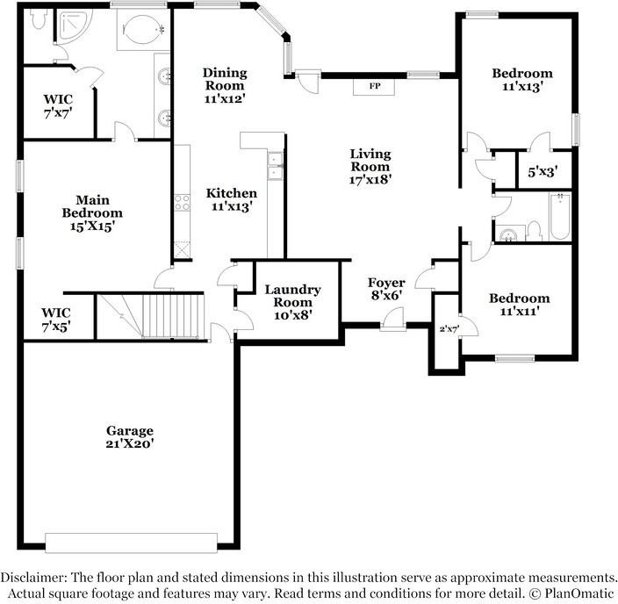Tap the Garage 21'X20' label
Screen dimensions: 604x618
tap(130, 437)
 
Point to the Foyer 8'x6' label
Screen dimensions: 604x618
tap(385, 289)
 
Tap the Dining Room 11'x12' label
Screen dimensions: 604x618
tap(225, 85)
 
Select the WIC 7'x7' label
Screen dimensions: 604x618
tap(58, 107)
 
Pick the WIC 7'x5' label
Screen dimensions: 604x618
tap(57, 320)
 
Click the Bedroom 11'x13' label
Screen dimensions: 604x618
tap(521, 80)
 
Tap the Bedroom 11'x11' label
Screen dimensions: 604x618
tap(519, 304)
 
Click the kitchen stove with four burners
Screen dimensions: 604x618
tap(183, 203)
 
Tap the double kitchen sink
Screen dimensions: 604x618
tap(275, 165)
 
